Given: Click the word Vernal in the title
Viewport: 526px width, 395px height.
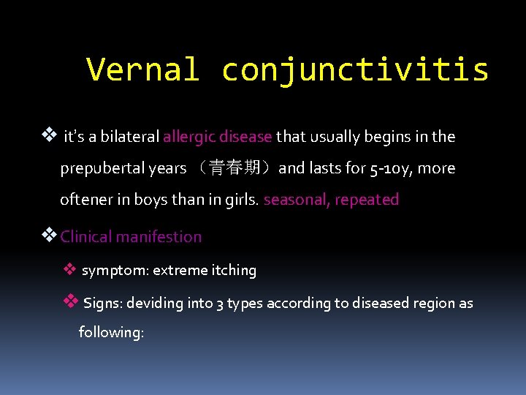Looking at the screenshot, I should (142, 70).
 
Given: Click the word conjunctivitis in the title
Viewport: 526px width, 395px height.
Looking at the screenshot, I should (355, 70).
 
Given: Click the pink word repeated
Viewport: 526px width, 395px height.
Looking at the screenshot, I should (367, 200).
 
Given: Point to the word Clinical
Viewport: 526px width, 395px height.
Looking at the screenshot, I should (88, 237).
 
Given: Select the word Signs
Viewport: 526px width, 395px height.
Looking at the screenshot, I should (102, 303).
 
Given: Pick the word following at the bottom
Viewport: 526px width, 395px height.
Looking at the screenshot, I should (110, 332).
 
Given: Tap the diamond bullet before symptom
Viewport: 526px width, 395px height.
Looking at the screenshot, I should (69, 269).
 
